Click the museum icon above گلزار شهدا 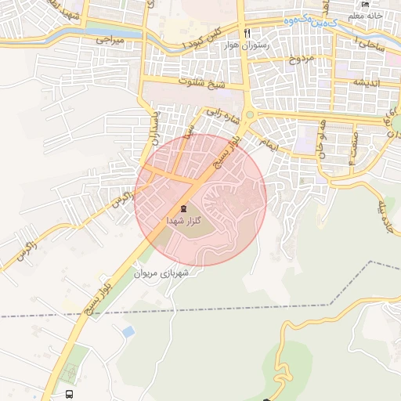(183, 208)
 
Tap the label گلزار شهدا (182, 222)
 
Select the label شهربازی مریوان (164, 274)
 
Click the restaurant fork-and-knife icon (247, 33)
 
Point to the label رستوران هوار (247, 46)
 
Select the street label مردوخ (302, 59)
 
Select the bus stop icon (70, 394)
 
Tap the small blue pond (128, 332)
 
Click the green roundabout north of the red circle (249, 115)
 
